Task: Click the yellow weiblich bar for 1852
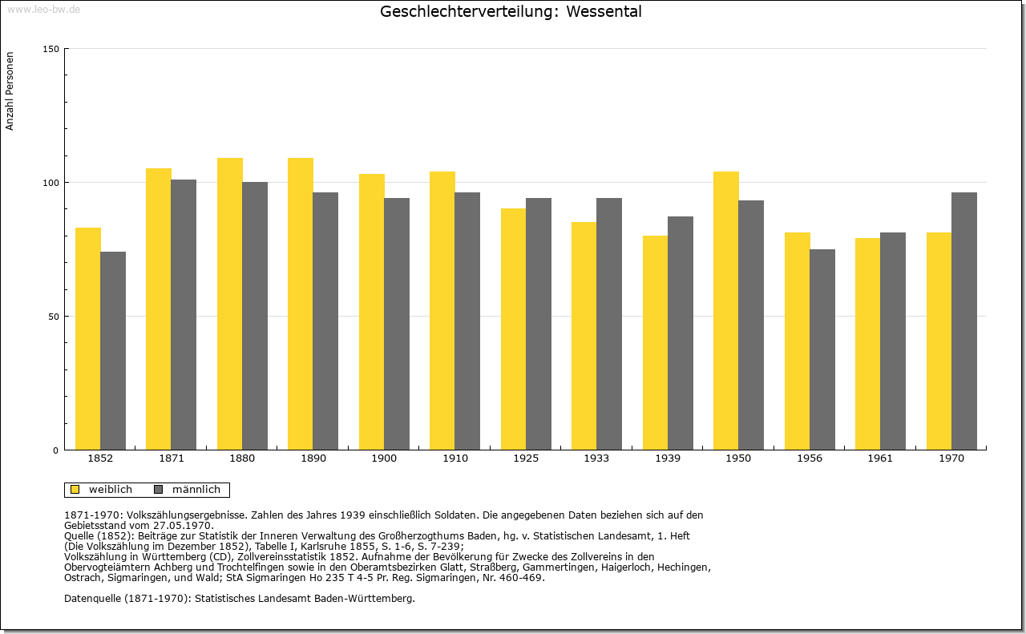coord(88,338)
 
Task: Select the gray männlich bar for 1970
coord(964,321)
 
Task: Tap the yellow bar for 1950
coord(726,310)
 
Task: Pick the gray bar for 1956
coord(822,349)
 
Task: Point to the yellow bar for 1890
coord(301,304)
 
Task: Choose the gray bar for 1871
coord(184,315)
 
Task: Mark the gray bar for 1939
coord(681,333)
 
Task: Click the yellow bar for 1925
coord(514,329)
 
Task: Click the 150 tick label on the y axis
coord(50,49)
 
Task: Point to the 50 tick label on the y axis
coord(54,317)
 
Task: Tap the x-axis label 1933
coord(596,458)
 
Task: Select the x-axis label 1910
coord(454,458)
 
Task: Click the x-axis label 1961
coord(880,458)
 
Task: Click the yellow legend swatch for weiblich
coord(75,489)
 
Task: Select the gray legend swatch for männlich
coord(159,489)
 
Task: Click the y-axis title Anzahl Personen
coord(10,91)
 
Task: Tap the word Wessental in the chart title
coord(604,11)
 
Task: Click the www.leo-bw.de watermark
coord(43,9)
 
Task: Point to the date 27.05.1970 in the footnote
coord(182,526)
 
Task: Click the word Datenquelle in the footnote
coord(92,598)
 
